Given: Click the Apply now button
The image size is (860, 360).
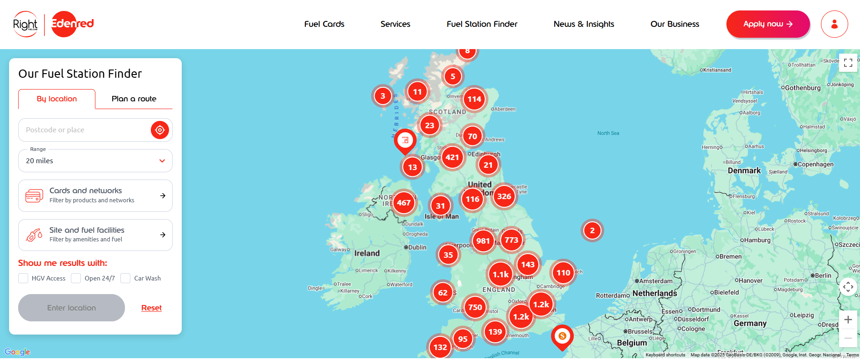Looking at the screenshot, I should [x=768, y=24].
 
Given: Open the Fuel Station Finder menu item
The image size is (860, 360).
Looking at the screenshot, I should [x=482, y=24].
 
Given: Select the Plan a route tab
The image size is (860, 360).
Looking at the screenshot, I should [x=134, y=99].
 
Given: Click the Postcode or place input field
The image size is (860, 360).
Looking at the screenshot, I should [x=84, y=130].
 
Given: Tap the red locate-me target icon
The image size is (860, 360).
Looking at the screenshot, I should [x=160, y=130].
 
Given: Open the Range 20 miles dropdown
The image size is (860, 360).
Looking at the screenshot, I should [x=95, y=161].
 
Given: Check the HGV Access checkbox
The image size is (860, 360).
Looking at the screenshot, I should [x=23, y=278].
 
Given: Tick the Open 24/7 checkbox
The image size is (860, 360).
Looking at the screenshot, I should [x=76, y=278].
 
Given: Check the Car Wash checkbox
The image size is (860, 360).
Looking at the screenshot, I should [x=125, y=278].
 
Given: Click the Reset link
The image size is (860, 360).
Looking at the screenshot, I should [x=151, y=308].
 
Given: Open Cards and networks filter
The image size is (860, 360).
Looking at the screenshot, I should [x=95, y=195].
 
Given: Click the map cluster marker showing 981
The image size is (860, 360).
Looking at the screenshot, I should [x=483, y=241].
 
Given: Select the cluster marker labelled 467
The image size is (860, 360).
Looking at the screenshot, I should [x=403, y=203].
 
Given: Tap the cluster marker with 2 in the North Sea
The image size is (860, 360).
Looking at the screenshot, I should [x=592, y=230].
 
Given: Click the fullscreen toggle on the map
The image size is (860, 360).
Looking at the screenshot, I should [x=848, y=63].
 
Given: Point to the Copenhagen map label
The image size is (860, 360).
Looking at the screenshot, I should [x=815, y=165].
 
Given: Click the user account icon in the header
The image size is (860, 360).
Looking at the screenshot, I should [x=834, y=24].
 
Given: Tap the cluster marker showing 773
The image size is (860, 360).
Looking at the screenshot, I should [x=511, y=240].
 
